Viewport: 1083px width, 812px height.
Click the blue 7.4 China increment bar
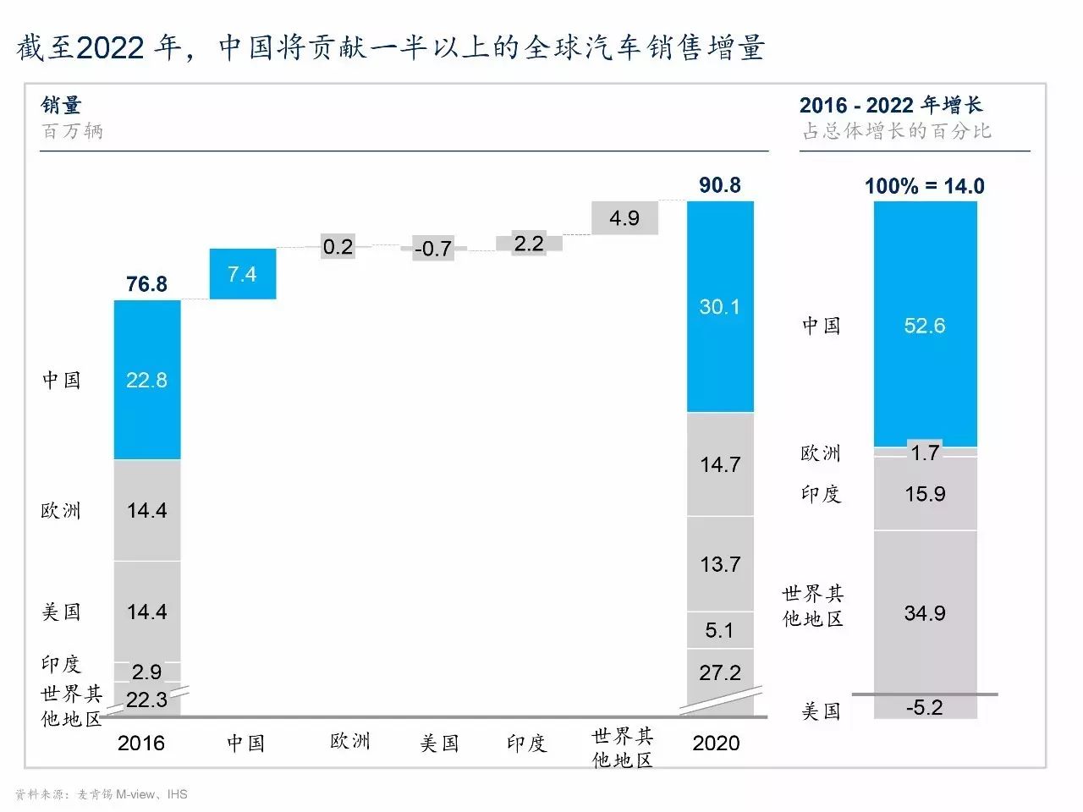coord(243,274)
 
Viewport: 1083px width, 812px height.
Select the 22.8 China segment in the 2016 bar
coord(147,380)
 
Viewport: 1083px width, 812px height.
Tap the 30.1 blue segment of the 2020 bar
coord(720,306)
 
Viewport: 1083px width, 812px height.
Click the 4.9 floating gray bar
coord(624,218)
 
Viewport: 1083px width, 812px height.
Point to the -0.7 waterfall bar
coord(433,249)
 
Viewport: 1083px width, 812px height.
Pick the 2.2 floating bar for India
coord(529,244)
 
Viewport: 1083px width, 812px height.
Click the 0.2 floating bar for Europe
coord(338,247)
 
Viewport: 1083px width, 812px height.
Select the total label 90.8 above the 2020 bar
coord(720,185)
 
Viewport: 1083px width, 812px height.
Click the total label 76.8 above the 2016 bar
coord(147,284)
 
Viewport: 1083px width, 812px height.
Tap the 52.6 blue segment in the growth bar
coord(925,326)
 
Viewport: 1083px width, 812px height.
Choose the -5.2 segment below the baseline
coord(925,707)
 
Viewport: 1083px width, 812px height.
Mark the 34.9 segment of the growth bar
coord(925,612)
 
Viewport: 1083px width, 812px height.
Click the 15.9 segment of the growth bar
coord(925,494)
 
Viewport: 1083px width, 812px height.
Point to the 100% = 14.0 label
coord(925,186)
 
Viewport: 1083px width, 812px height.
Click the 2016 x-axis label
coord(141,743)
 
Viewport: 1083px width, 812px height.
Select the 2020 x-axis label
coord(716,743)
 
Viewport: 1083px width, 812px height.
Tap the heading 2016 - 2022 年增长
coord(891,106)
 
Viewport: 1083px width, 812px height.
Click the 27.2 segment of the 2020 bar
coord(720,672)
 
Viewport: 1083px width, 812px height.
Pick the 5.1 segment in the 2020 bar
coord(720,630)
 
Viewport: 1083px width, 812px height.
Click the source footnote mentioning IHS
coord(102,794)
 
